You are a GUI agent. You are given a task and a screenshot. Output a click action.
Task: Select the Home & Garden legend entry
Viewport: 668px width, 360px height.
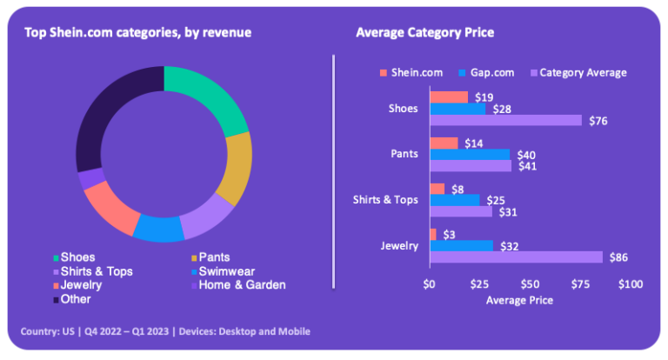point(239,285)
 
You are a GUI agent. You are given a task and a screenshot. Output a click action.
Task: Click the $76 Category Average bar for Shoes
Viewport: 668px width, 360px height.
point(505,120)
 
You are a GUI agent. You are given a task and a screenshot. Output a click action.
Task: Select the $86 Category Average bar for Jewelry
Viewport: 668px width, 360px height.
point(516,257)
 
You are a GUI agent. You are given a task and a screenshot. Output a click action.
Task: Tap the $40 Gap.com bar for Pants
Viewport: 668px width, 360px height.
point(470,154)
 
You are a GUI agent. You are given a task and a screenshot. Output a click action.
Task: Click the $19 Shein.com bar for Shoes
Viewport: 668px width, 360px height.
point(449,97)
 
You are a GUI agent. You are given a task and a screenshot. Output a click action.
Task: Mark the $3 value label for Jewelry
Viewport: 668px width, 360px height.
point(450,234)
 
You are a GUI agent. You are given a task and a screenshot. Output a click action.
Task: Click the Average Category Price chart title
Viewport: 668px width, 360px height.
point(424,33)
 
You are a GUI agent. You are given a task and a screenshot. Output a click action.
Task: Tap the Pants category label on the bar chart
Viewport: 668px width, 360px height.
point(404,154)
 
